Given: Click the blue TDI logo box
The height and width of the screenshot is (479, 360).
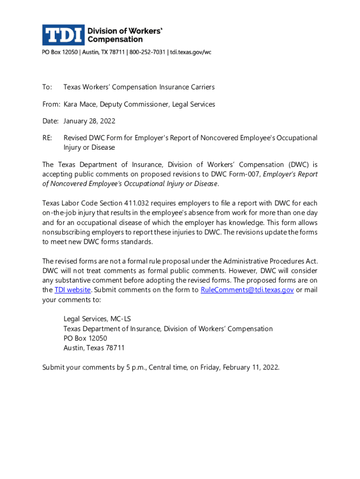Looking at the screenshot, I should (x=63, y=35).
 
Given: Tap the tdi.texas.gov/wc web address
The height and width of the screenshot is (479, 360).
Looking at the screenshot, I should (x=190, y=52).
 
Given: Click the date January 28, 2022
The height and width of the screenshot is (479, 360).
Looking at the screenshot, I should (x=89, y=121).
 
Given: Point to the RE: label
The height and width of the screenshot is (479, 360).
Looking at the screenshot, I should (x=47, y=138).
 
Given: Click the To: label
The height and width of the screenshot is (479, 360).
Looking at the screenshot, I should (x=47, y=87).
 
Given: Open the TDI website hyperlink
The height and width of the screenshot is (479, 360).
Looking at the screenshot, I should (x=72, y=290).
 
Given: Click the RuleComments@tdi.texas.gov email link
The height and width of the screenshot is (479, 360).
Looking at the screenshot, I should (x=247, y=290).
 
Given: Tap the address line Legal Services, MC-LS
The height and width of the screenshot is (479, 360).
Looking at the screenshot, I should (x=97, y=319).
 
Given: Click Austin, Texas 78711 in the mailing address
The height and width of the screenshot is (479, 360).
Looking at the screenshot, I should (x=94, y=348).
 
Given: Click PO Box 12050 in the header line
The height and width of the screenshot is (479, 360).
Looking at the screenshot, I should (x=60, y=52).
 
